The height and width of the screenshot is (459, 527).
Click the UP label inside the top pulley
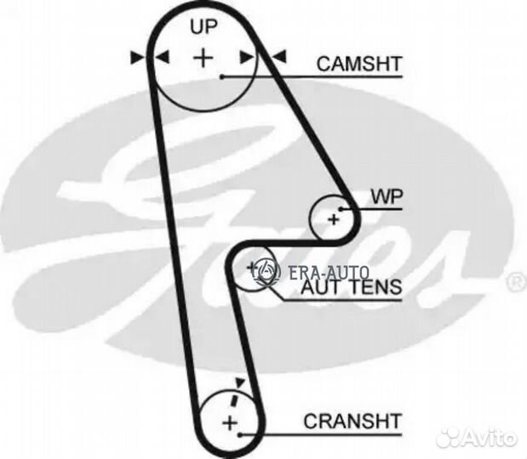coord(204,27)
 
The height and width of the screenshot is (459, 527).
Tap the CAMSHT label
coord(359,64)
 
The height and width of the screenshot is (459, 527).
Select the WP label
coord(387,197)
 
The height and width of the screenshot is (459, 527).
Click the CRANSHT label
coord(353,421)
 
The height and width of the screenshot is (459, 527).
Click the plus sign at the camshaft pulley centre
coord(203,58)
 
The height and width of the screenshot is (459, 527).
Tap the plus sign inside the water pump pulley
coord(334,220)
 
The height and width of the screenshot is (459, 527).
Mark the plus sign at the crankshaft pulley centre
coord(230,422)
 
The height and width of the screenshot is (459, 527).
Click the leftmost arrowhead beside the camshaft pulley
coord(136,58)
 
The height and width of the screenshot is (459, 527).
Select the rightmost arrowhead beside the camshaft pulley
coord(279,56)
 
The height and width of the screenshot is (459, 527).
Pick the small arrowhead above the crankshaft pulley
coord(239,382)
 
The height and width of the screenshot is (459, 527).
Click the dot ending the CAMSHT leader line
coord(222,76)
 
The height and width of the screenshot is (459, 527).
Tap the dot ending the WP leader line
coord(341,209)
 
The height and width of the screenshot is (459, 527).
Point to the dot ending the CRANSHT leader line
coord(240,435)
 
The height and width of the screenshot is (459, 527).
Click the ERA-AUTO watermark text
coord(329,273)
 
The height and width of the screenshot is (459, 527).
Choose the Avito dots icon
coord(449,438)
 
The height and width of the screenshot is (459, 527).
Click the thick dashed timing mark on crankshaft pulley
coord(234,399)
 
